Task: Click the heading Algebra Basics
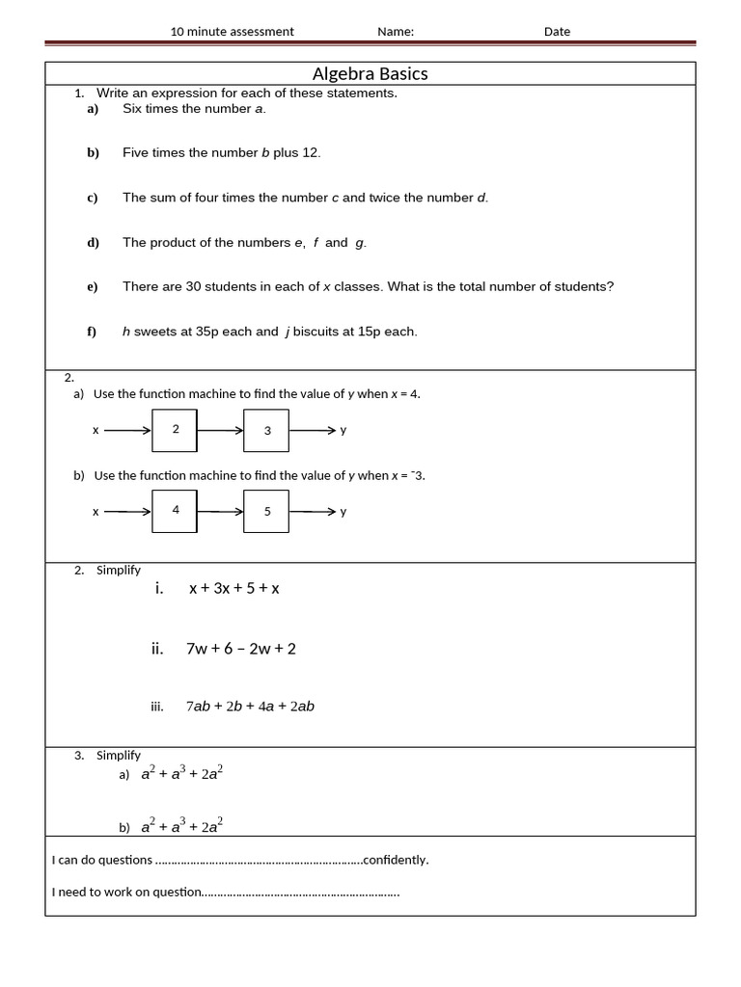370,74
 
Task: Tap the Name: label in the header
396,32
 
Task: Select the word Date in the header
557,32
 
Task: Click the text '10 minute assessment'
232,32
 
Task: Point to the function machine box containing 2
175,430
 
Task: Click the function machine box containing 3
267,431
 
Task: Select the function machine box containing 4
175,510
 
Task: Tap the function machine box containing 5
267,512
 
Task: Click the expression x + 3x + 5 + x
233,589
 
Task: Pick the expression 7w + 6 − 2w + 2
241,649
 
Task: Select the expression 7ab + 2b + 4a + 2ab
250,707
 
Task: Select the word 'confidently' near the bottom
394,860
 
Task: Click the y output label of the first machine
343,430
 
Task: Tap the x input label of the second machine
95,511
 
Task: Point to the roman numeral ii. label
157,649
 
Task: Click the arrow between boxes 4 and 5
220,511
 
